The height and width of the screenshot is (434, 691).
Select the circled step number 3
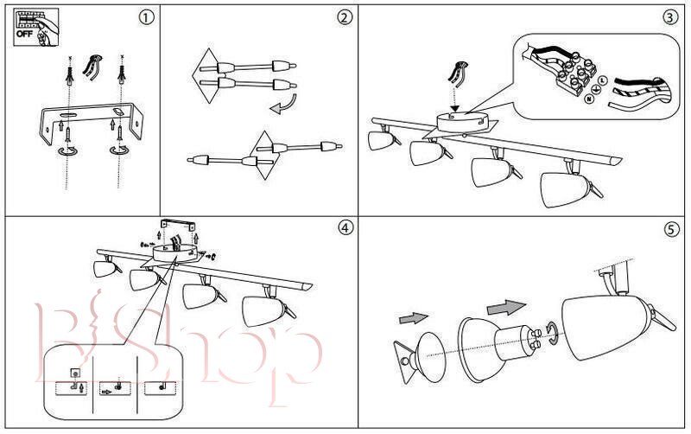[x=670, y=17]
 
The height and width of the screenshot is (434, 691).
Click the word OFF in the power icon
[x=26, y=35]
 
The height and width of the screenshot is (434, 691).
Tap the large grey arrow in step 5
[x=505, y=307]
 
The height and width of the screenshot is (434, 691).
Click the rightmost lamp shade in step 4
[x=263, y=310]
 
